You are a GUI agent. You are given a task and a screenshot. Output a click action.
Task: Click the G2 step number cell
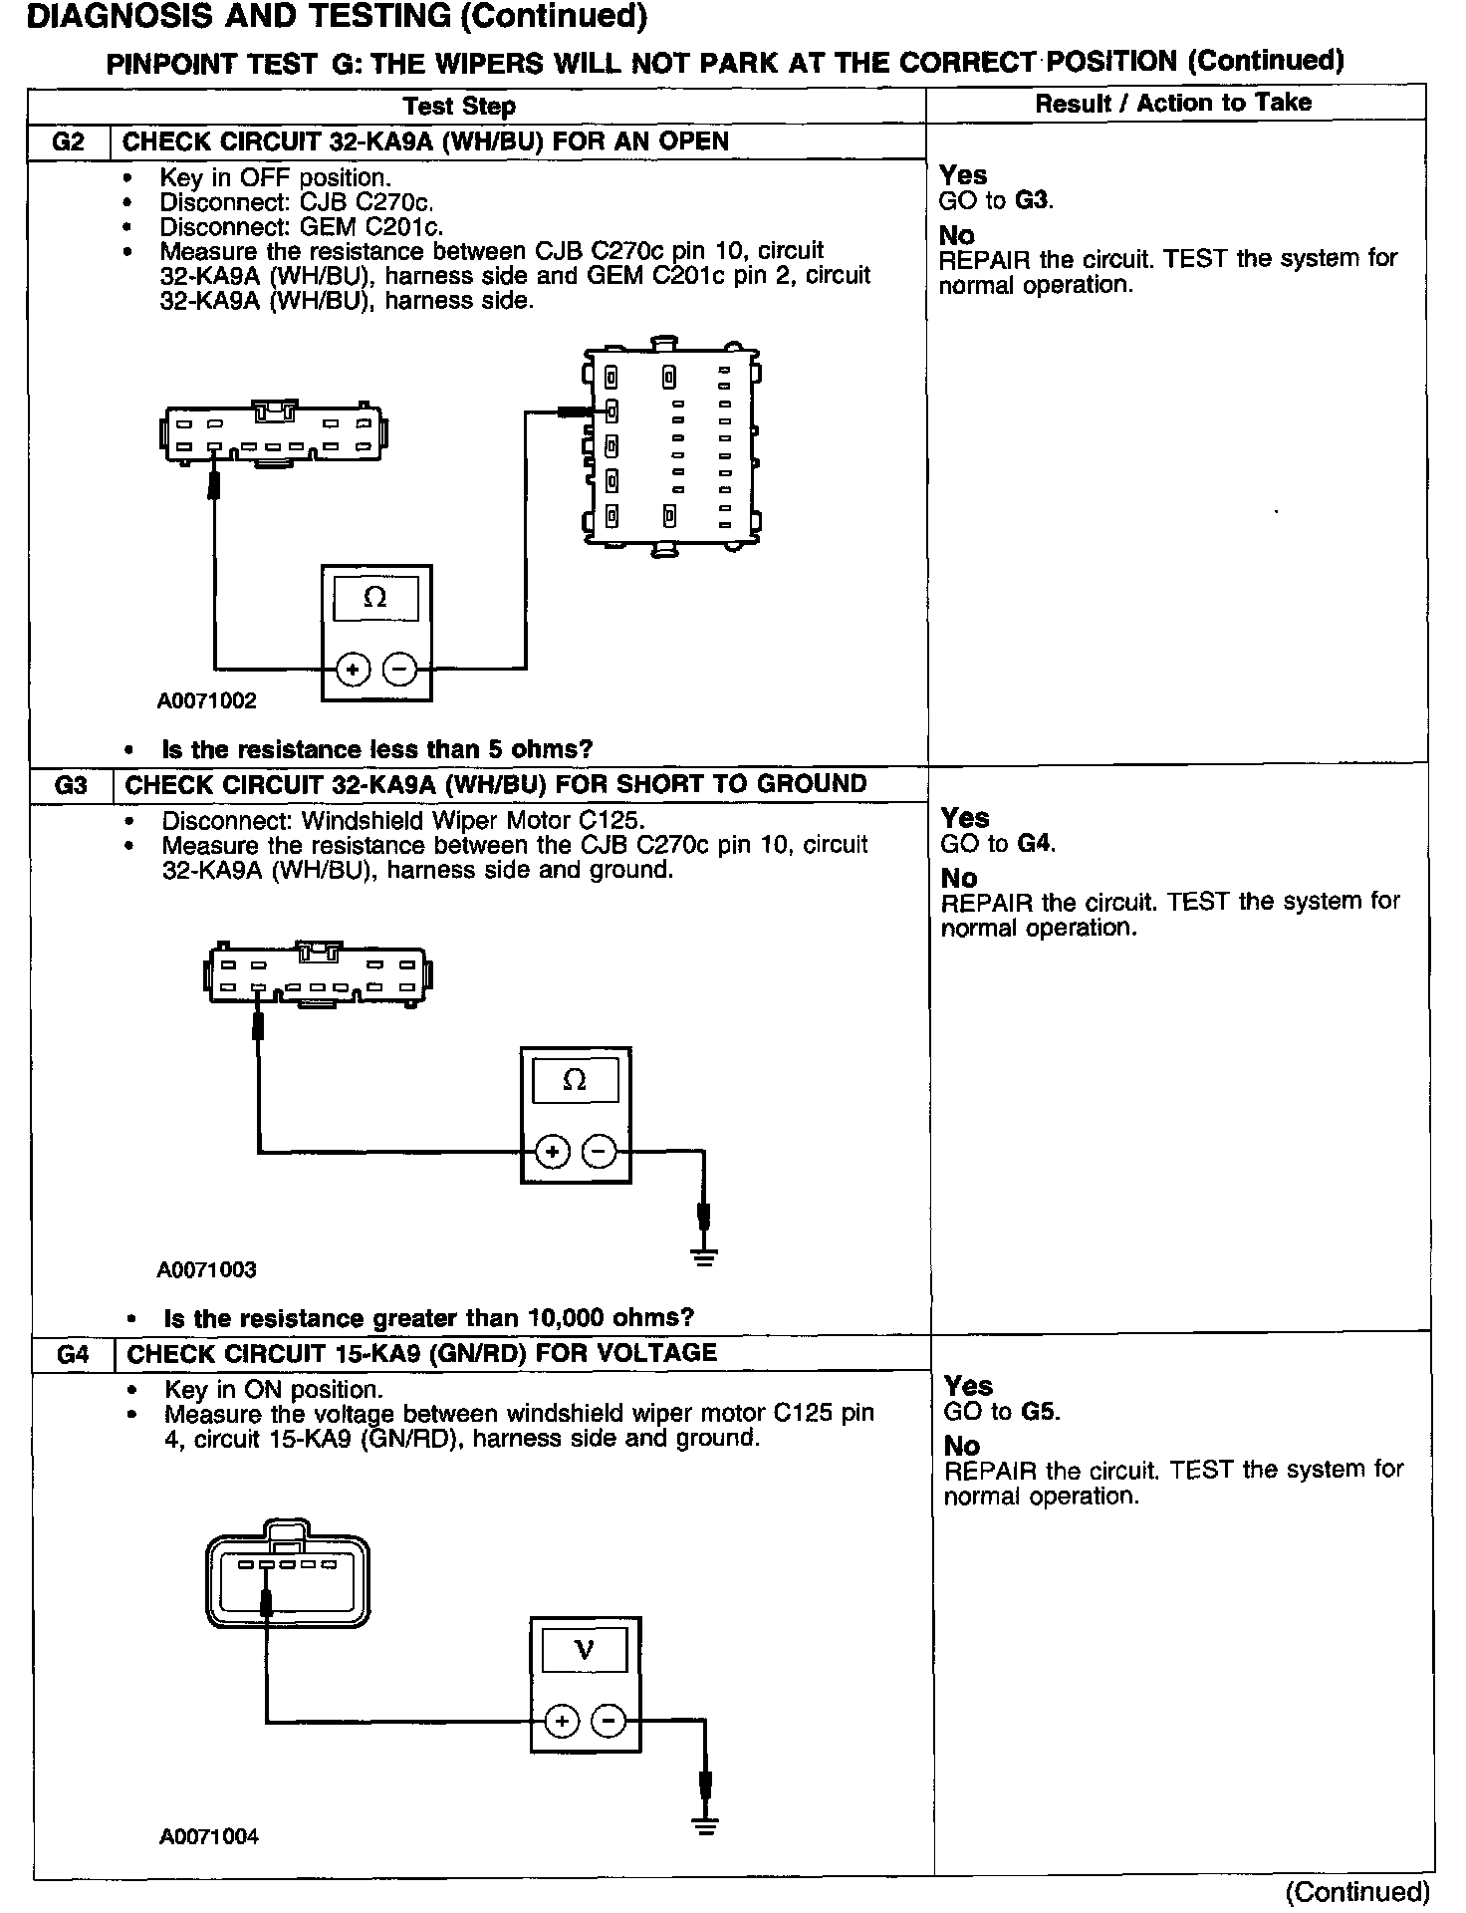click(68, 141)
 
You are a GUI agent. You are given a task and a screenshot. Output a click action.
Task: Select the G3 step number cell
click(70, 785)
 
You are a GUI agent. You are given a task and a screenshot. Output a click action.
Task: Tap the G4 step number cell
click(73, 1354)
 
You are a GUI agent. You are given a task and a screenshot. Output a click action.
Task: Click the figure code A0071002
click(207, 700)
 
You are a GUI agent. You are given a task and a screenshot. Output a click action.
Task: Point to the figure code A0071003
click(207, 1270)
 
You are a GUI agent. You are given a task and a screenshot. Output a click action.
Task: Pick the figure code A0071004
click(209, 1837)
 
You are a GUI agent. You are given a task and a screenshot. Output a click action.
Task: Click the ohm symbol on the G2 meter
click(375, 598)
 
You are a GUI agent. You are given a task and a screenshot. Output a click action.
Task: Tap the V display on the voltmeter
click(585, 1651)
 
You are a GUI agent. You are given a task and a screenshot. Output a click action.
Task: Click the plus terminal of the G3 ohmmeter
click(552, 1153)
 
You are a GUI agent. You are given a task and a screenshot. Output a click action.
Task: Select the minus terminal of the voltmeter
click(609, 1722)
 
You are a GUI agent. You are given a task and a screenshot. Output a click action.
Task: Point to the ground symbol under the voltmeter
click(705, 1825)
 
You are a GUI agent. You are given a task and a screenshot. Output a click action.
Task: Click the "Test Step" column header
click(459, 107)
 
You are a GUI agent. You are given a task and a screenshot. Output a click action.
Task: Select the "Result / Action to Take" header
click(1173, 103)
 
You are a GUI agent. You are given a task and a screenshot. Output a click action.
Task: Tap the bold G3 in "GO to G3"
click(1034, 200)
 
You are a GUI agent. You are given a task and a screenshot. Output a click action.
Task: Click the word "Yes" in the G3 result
click(964, 818)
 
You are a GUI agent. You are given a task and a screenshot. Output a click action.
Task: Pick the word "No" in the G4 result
click(962, 1446)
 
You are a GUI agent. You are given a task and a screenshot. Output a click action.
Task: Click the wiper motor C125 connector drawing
click(287, 1574)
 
